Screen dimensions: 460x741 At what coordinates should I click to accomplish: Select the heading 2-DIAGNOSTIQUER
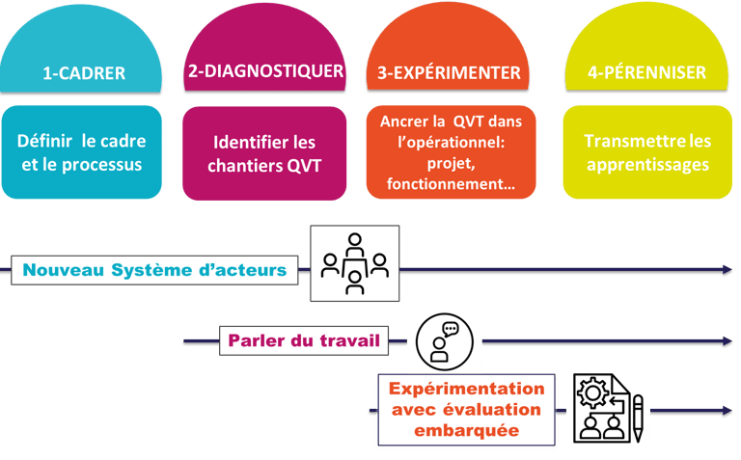pos(264,71)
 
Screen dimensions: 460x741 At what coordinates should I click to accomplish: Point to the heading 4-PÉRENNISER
pos(646,73)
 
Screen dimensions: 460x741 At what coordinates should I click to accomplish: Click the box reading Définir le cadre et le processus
pos(80,152)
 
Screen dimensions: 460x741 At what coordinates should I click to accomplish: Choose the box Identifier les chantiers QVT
pos(265,153)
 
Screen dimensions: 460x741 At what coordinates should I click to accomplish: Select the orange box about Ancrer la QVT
pos(451,152)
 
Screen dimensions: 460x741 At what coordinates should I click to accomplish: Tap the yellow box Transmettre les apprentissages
pos(647,152)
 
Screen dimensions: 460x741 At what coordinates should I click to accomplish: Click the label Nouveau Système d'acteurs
pos(154,270)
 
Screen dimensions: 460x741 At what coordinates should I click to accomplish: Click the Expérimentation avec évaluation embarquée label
pos(466,409)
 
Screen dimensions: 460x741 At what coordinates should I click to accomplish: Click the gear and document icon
pos(608,408)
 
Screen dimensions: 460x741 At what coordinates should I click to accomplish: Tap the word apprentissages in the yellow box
pos(647,165)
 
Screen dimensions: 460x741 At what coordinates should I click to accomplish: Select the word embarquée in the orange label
pos(466,430)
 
